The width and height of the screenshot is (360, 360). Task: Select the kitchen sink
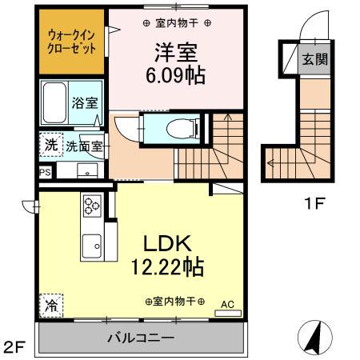click(90, 244)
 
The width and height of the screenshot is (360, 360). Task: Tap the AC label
click(227, 303)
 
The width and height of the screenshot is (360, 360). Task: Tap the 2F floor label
click(14, 348)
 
